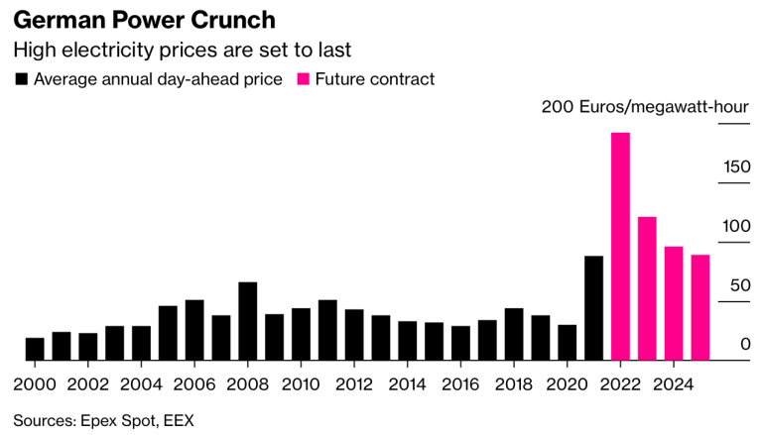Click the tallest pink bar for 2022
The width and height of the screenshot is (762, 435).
point(620,246)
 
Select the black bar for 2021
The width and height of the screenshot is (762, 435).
point(594,308)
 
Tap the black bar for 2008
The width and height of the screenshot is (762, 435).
point(248,321)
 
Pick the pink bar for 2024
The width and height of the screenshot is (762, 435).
point(674,303)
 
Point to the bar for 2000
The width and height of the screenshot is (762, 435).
point(35,349)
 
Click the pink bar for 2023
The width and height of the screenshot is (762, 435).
point(647,288)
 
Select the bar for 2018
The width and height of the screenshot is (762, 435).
point(514,334)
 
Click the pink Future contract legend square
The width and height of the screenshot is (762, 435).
point(305,79)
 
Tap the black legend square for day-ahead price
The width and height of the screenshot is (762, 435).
point(22,79)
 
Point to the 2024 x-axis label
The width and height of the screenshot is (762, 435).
point(673,383)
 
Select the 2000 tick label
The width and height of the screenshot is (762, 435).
point(35,383)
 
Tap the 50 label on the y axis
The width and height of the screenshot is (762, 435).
point(741,285)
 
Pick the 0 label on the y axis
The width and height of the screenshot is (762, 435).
point(745,345)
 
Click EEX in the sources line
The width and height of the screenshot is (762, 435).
point(179,420)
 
